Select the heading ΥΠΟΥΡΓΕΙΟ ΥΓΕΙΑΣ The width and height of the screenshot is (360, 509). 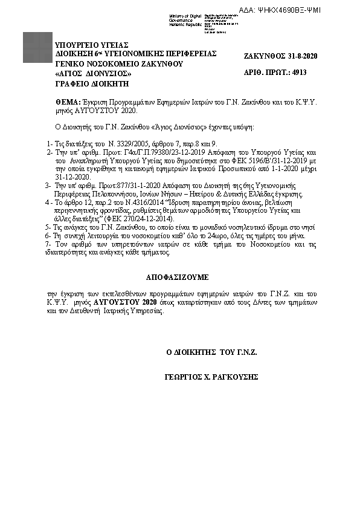[x=92, y=45]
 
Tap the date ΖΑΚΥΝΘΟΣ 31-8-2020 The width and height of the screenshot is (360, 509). [x=280, y=56]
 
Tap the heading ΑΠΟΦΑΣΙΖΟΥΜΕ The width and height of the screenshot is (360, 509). [x=177, y=277]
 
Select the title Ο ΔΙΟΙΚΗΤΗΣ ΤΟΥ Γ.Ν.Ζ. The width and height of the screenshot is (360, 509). [x=212, y=351]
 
